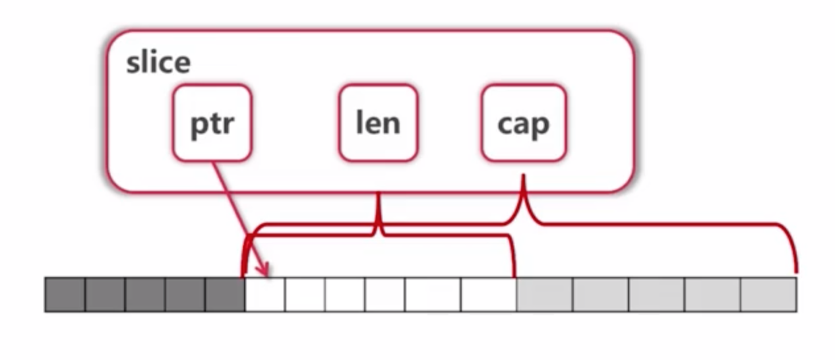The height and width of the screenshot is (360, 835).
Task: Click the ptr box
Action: (212, 123)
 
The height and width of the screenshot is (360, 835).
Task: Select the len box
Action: (378, 123)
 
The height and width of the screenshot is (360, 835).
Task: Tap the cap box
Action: (523, 123)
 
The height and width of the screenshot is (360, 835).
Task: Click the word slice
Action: (158, 63)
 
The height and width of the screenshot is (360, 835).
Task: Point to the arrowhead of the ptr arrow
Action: (265, 272)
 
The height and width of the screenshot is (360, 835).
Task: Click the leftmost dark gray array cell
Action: (65, 294)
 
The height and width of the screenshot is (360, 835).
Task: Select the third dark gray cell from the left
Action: (145, 294)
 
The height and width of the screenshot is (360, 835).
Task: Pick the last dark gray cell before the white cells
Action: (225, 294)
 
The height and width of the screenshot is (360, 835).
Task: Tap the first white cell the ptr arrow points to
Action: (264, 294)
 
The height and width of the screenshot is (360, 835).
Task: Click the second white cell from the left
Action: (305, 294)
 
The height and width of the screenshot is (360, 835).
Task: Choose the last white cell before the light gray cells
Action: (488, 294)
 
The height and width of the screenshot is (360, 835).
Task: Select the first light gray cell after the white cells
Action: (544, 294)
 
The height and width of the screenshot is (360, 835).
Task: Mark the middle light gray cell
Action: (656, 294)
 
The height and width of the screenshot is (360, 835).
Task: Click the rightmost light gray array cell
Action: (768, 294)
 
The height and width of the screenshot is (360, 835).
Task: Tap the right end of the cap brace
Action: (796, 270)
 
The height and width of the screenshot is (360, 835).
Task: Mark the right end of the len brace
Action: (514, 274)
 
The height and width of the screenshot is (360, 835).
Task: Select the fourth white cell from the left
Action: (385, 294)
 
